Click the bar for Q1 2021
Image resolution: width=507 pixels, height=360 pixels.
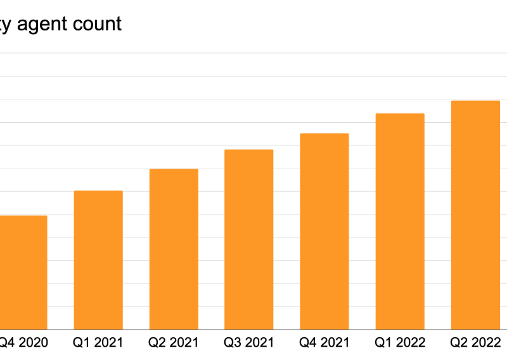(x=98, y=260)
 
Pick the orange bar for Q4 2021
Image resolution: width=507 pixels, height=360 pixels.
(x=324, y=231)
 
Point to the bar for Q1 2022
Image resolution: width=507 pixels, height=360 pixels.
(x=400, y=221)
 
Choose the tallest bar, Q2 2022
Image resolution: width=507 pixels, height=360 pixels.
(x=475, y=215)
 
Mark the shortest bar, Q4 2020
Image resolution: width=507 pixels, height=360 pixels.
(x=23, y=273)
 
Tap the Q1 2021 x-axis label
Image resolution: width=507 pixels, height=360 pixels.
(x=98, y=343)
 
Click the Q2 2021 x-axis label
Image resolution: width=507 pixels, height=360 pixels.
(x=174, y=343)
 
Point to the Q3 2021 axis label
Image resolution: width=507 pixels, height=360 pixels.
(x=249, y=343)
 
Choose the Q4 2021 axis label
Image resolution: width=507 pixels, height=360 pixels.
(x=324, y=343)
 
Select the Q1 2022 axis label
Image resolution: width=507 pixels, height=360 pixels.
(x=400, y=343)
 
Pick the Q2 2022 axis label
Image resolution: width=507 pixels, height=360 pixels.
(x=475, y=343)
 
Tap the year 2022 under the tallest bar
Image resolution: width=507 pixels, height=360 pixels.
(x=485, y=343)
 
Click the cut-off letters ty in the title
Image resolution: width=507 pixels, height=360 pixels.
(x=6, y=25)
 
